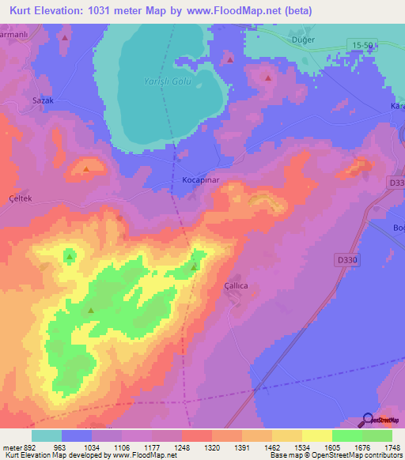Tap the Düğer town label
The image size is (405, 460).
[x=302, y=40]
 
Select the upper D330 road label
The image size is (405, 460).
[x=396, y=183]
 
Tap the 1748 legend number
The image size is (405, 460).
[x=392, y=448]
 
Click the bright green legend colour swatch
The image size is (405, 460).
[x=347, y=435]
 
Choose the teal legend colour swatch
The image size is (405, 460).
[x=47, y=435]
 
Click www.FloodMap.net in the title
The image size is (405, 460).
[x=237, y=11]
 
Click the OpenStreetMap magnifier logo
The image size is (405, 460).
[x=366, y=420]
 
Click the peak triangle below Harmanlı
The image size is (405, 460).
[x=65, y=37]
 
